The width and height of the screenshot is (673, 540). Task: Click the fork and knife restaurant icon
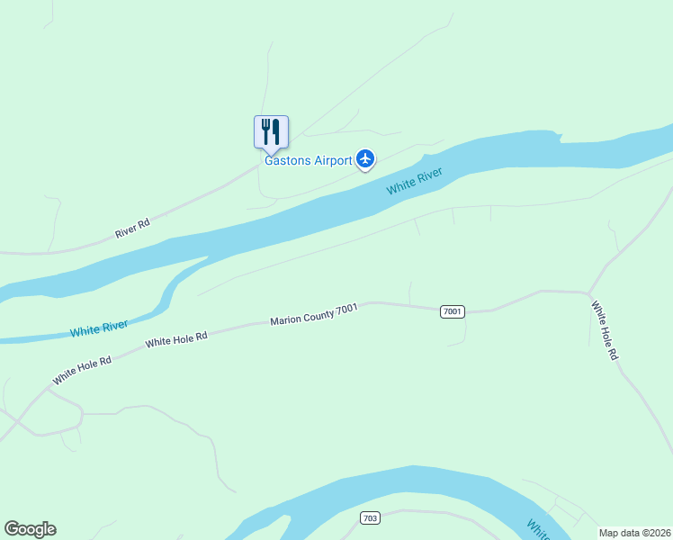(x=271, y=132)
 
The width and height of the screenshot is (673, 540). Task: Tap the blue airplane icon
(x=365, y=159)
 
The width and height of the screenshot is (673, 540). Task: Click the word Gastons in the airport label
(x=287, y=161)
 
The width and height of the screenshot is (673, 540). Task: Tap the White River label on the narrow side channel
(x=99, y=328)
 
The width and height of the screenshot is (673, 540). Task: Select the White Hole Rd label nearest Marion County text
(x=176, y=339)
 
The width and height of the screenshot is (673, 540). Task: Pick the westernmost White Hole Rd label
(x=81, y=371)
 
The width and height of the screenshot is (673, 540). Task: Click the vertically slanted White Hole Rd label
(x=605, y=330)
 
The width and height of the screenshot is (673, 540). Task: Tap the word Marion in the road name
(x=287, y=319)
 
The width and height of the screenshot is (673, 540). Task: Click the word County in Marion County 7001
(x=319, y=313)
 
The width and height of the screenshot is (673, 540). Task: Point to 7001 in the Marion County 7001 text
(x=347, y=309)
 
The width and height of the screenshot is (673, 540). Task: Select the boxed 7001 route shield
(x=453, y=311)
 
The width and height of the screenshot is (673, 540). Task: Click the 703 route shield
(x=370, y=518)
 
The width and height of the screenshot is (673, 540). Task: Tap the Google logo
(x=30, y=529)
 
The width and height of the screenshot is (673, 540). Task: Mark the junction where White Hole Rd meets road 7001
(x=588, y=292)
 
